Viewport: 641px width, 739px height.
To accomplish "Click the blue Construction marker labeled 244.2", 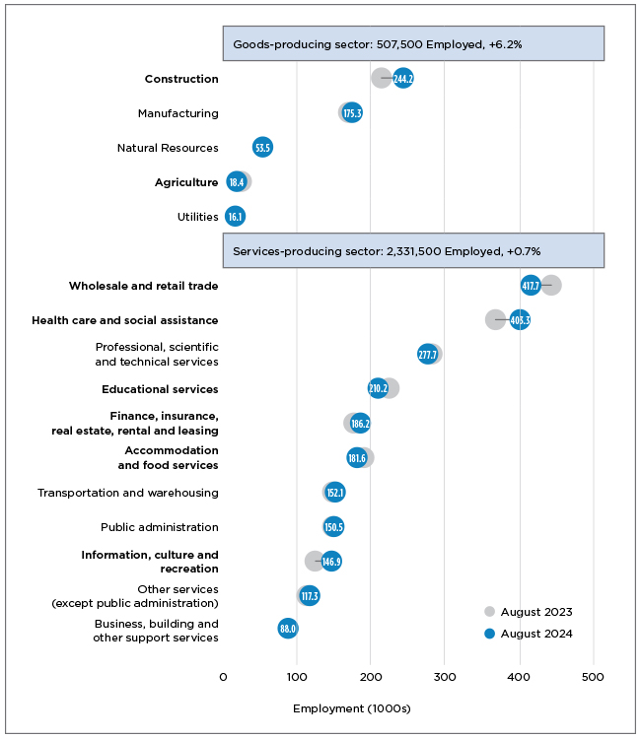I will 402,78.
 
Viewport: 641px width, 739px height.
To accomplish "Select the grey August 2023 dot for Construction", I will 381,78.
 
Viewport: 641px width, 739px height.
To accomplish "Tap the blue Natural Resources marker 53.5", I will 262,147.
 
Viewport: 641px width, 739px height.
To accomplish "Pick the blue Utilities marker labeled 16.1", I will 235,216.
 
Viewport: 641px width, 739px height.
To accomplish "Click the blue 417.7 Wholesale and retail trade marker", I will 531,285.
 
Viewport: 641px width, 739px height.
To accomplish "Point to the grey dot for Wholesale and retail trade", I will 551,285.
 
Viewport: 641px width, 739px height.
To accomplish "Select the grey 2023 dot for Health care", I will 495,319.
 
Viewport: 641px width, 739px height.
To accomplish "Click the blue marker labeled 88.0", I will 288,628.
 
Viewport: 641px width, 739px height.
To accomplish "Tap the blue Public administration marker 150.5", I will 333,526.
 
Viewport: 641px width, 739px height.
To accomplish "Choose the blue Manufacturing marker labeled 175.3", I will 352,112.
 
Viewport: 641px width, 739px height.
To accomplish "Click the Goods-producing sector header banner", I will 413,44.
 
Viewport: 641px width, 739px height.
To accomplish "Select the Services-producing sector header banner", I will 413,250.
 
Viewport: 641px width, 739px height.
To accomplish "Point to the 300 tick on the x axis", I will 445,677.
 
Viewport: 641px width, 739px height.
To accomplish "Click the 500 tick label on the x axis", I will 593,677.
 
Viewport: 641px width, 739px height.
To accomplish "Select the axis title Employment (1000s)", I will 352,708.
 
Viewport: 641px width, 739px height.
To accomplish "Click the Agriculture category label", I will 186,182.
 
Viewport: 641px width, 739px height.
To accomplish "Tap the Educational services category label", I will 160,389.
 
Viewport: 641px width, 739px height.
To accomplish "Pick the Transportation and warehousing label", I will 128,493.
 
